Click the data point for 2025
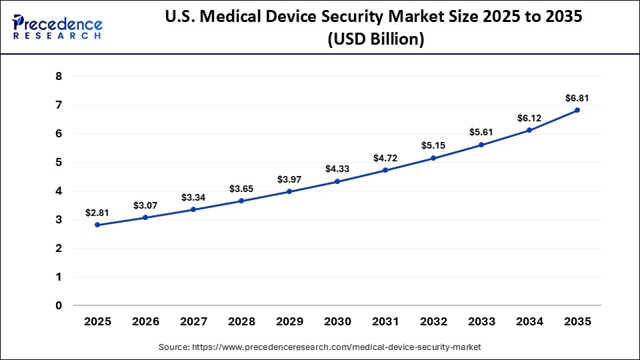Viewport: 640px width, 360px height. click(97, 225)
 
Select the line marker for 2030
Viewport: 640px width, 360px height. click(337, 181)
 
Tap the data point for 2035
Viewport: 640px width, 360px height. click(577, 110)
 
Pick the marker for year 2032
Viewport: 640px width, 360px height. click(433, 158)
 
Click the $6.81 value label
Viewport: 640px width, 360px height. click(577, 98)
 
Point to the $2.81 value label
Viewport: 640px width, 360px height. click(97, 213)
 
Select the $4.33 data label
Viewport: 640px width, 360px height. click(337, 169)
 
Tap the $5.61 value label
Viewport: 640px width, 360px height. click(481, 132)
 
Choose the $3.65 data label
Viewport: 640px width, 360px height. click(241, 189)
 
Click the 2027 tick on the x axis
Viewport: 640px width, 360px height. click(193, 321)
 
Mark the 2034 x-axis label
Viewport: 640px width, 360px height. click(529, 321)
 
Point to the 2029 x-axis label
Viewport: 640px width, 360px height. click(289, 321)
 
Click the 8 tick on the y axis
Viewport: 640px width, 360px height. click(59, 77)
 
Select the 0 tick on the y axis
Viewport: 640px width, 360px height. click(59, 305)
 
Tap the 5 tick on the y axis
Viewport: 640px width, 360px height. click(59, 163)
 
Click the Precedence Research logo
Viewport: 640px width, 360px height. click(57, 27)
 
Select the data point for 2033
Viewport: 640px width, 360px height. click(481, 145)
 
